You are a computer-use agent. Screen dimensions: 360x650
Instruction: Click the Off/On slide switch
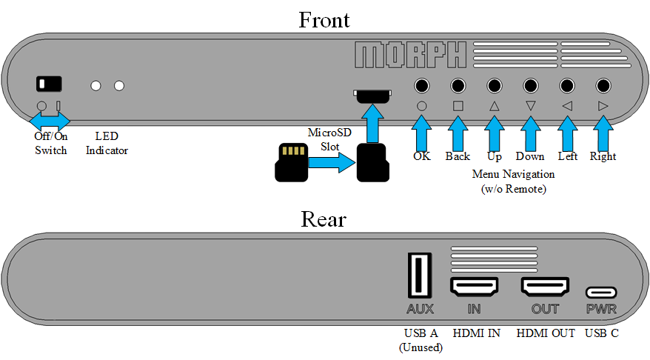click(x=49, y=83)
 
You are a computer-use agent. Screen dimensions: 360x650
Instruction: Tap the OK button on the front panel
click(x=422, y=85)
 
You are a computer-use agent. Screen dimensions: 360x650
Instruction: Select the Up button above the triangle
click(x=494, y=85)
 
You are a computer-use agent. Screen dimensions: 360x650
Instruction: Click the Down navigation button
click(x=530, y=85)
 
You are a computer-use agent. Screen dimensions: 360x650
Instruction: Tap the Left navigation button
click(x=567, y=85)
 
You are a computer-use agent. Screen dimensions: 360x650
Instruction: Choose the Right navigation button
click(x=603, y=85)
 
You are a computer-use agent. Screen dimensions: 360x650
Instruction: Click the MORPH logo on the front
click(x=410, y=55)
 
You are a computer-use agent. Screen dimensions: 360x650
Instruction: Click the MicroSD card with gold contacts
click(x=291, y=162)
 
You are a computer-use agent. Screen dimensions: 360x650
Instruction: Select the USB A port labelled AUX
click(x=420, y=275)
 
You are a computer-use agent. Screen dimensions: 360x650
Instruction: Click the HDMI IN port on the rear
click(x=474, y=286)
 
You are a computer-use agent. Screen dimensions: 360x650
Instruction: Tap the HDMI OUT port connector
click(x=545, y=286)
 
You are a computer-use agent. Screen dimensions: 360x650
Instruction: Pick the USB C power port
click(x=601, y=293)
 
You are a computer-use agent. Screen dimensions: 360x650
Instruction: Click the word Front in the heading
click(x=324, y=19)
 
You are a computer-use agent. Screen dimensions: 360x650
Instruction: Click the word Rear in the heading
click(x=324, y=219)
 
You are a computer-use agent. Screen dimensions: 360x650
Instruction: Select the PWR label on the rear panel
click(x=601, y=309)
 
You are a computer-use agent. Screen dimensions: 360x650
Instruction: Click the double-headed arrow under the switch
click(x=50, y=119)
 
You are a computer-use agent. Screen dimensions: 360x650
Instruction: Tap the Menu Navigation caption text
click(x=513, y=174)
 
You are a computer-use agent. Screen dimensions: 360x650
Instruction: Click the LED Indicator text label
click(x=107, y=144)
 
